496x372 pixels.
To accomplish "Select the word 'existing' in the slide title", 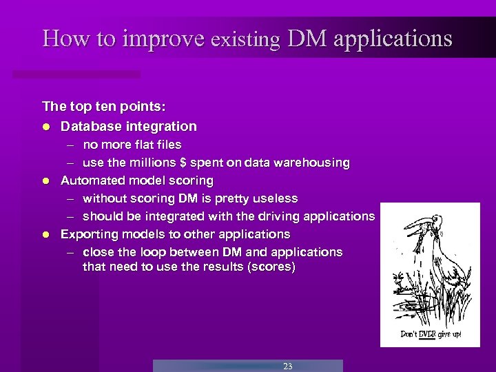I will pos(245,40).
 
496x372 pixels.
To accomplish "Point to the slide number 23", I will pos(287,366).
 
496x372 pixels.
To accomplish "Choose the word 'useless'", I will pos(275,198).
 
